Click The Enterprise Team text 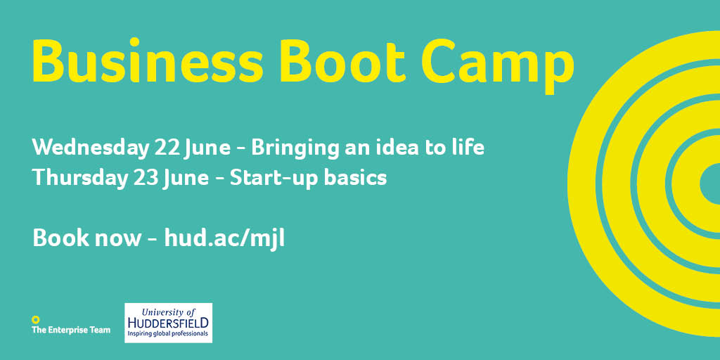tap(71, 330)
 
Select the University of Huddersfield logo tap(168, 323)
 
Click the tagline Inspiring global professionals tap(168, 335)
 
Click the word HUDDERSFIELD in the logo tap(168, 323)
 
